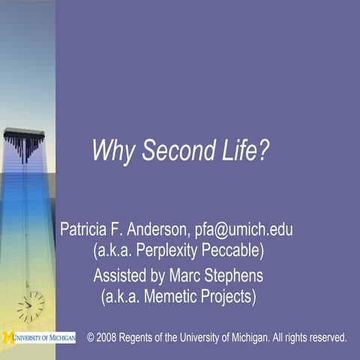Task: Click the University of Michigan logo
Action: [x=39, y=337]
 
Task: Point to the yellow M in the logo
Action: [x=7, y=337]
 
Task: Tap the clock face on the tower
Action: [x=31, y=305]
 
